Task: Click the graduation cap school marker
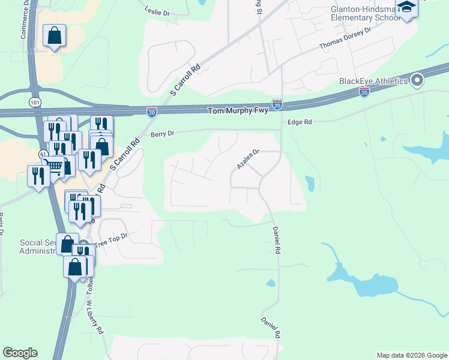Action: pyautogui.click(x=406, y=8)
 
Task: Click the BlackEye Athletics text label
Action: pyautogui.click(x=373, y=81)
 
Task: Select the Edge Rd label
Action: pyautogui.click(x=301, y=122)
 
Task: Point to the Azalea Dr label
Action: pyautogui.click(x=247, y=159)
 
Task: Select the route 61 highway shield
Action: pyautogui.click(x=43, y=154)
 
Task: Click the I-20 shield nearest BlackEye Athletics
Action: pyautogui.click(x=364, y=92)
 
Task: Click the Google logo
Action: pyautogui.click(x=20, y=353)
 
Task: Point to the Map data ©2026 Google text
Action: pyautogui.click(x=412, y=355)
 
